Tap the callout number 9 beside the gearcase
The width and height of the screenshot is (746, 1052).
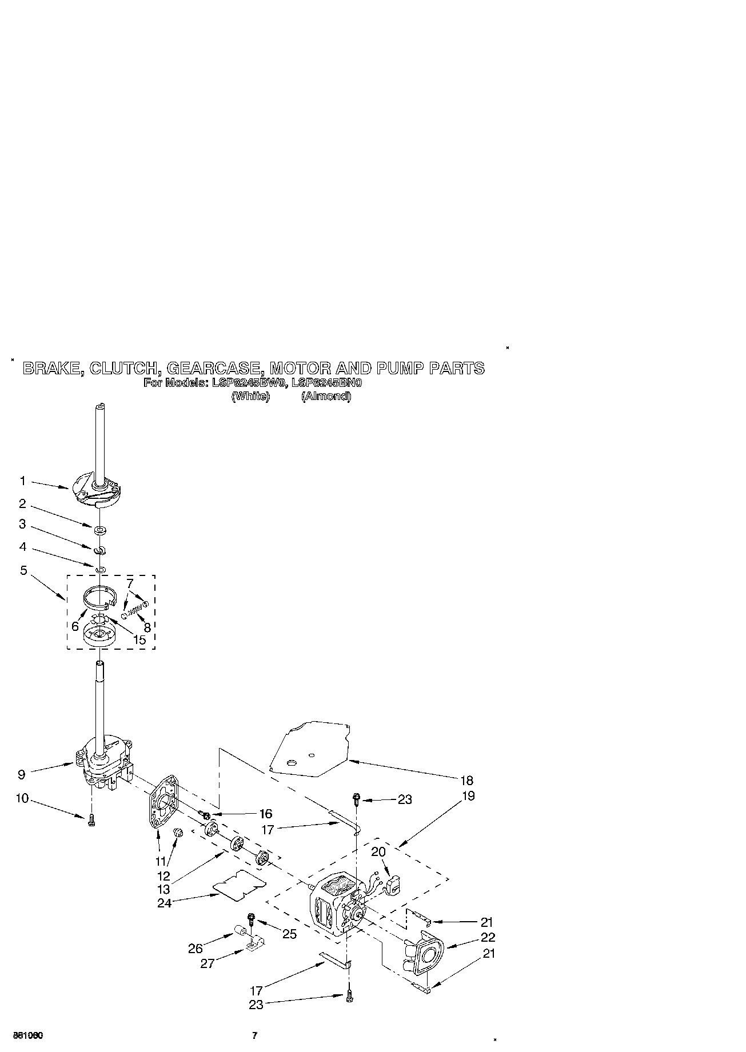pos(21,775)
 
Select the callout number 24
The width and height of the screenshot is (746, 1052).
pos(164,903)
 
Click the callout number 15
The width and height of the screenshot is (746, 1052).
pos(139,639)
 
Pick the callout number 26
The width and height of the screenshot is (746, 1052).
pos(196,948)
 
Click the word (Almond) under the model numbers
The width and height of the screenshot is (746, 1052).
pos(326,396)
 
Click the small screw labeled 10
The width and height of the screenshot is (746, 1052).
pos(91,821)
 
